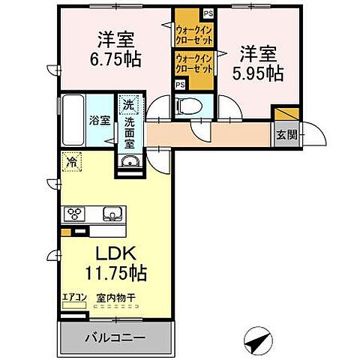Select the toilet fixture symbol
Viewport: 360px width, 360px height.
[x=184, y=106]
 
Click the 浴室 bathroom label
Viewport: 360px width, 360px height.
[x=98, y=119]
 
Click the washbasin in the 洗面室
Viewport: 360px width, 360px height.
[x=128, y=163]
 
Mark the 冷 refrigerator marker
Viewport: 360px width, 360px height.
[x=72, y=161]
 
